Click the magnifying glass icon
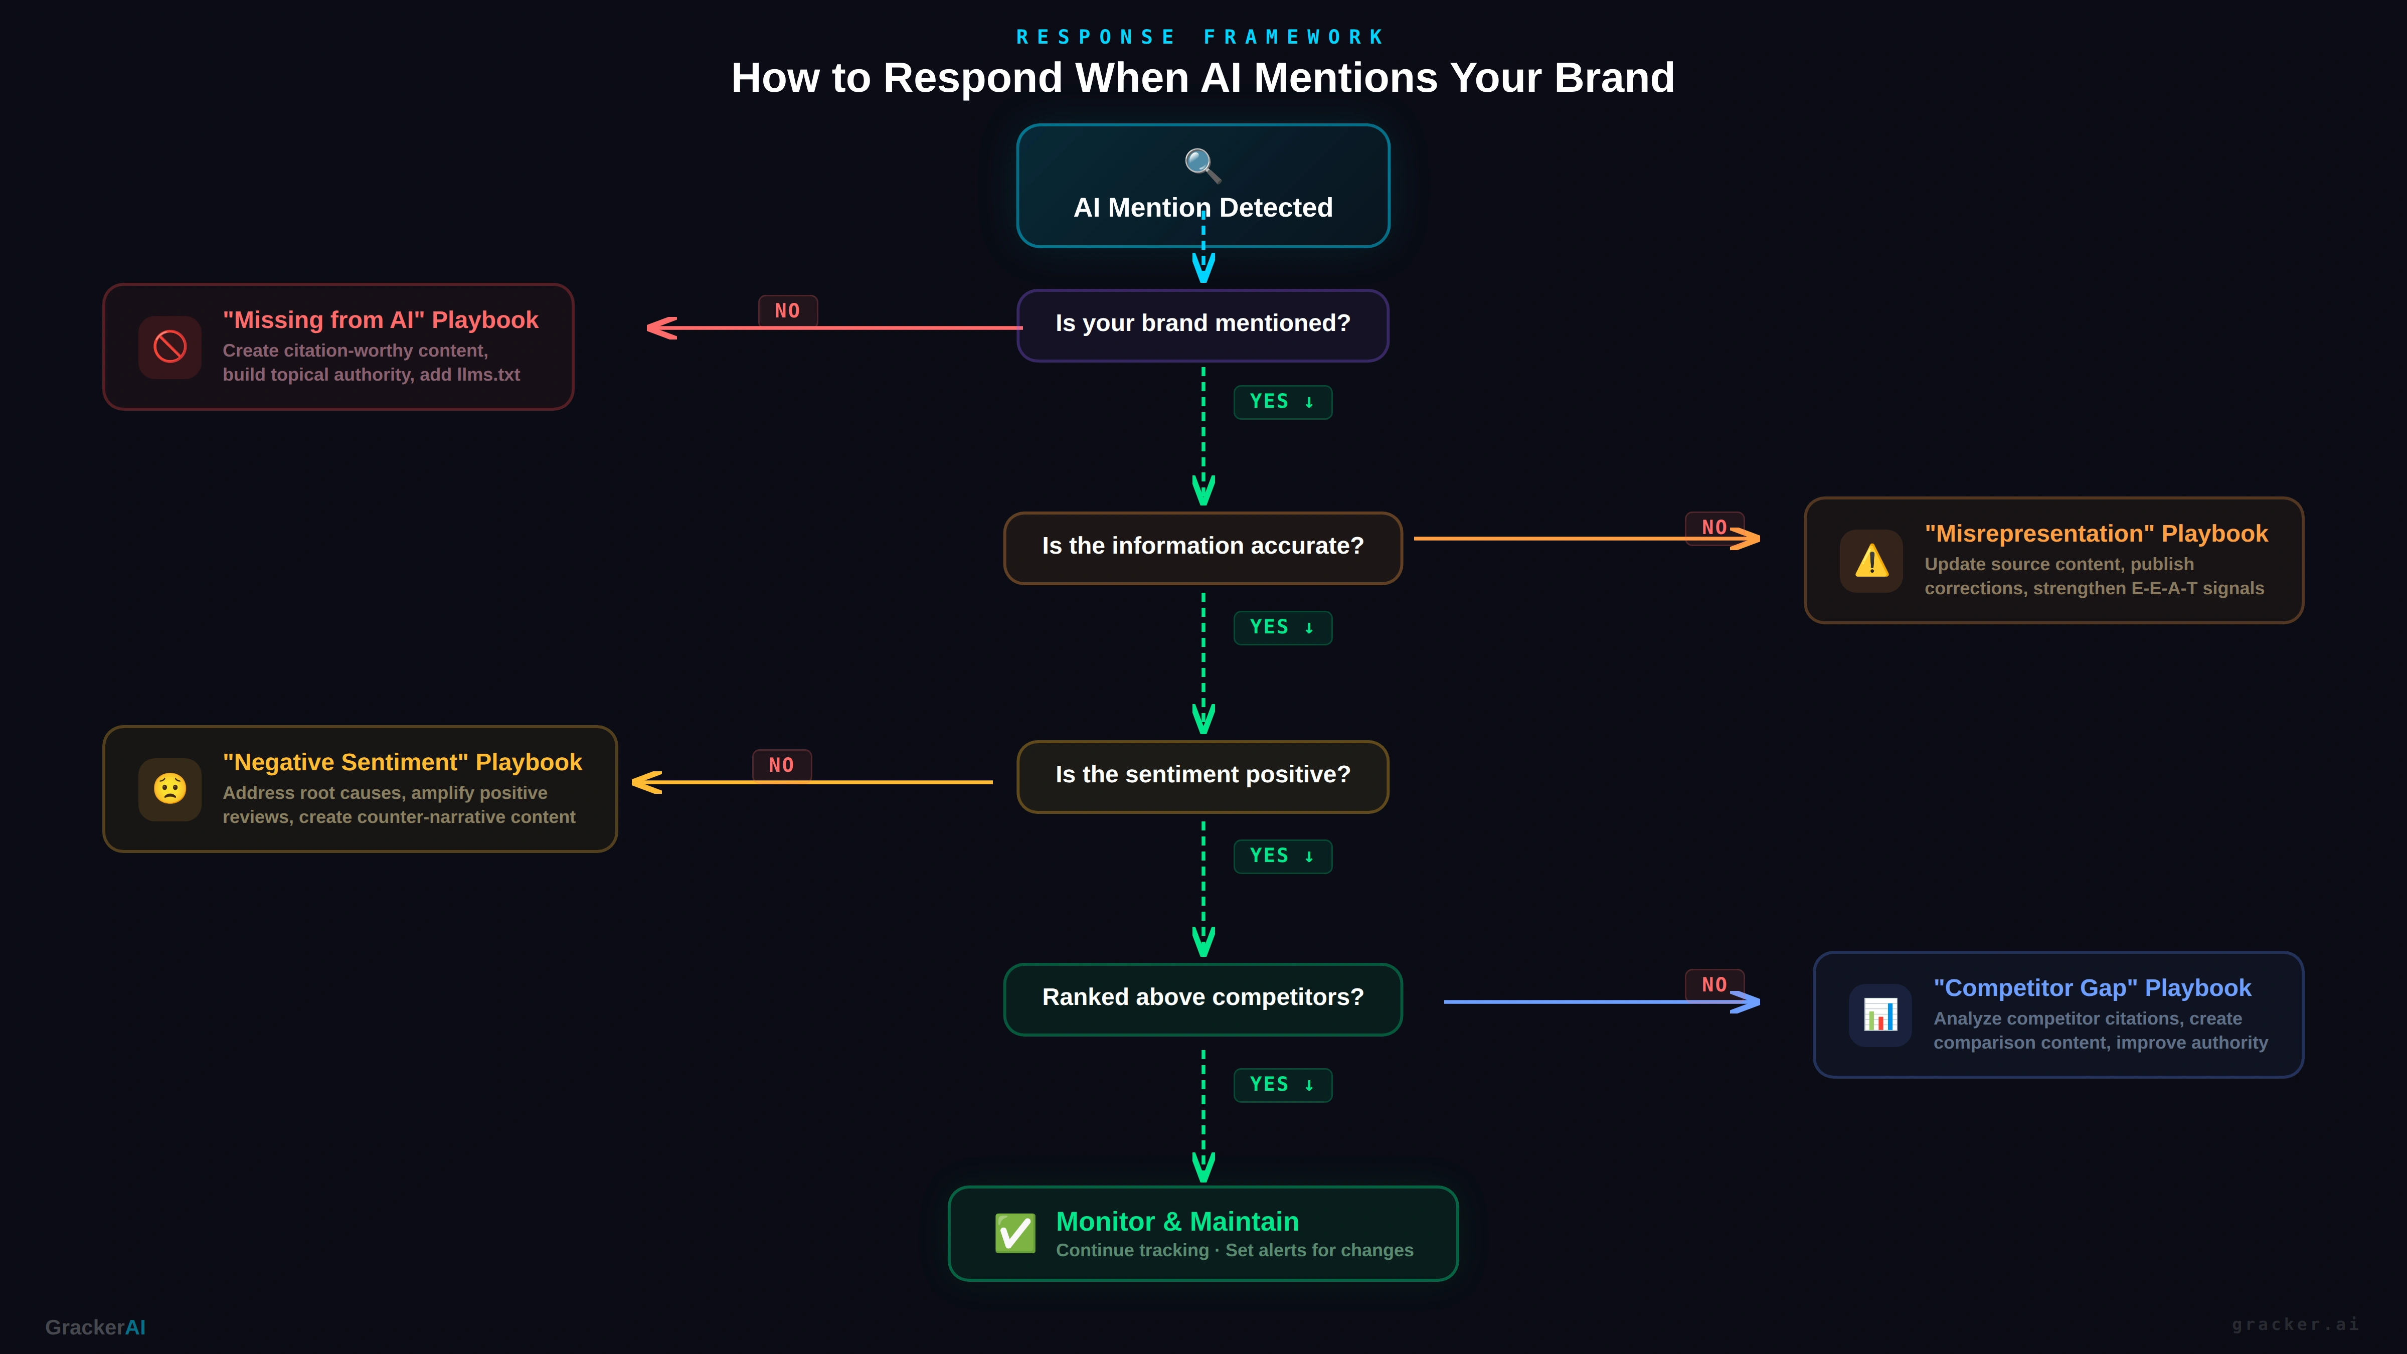(x=1202, y=165)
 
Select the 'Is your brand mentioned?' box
(x=1202, y=324)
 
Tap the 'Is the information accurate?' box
(x=1202, y=547)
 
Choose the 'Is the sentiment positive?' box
(x=1202, y=776)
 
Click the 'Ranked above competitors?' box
(x=1202, y=998)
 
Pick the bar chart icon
(x=1880, y=1015)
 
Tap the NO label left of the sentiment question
(x=781, y=765)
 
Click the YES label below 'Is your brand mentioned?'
(x=1282, y=402)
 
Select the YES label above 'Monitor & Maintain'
(x=1282, y=1085)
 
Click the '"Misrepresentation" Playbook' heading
(x=2096, y=534)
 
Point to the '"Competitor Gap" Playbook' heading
(x=2092, y=988)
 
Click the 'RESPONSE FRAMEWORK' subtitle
(x=1200, y=38)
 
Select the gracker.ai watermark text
(x=2295, y=1324)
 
